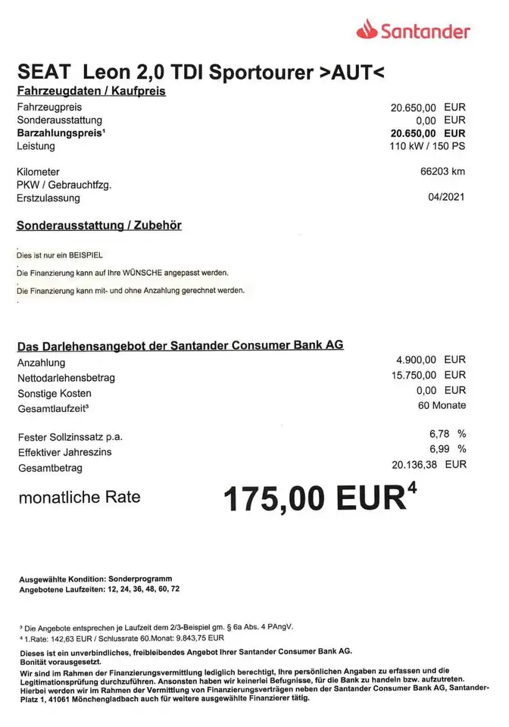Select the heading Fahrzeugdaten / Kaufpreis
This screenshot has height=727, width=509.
(91, 92)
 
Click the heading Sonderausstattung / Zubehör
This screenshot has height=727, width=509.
(98, 225)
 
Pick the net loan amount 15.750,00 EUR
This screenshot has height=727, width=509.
(426, 375)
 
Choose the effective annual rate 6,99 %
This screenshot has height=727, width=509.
(447, 449)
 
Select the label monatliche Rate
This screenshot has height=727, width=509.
(79, 498)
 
